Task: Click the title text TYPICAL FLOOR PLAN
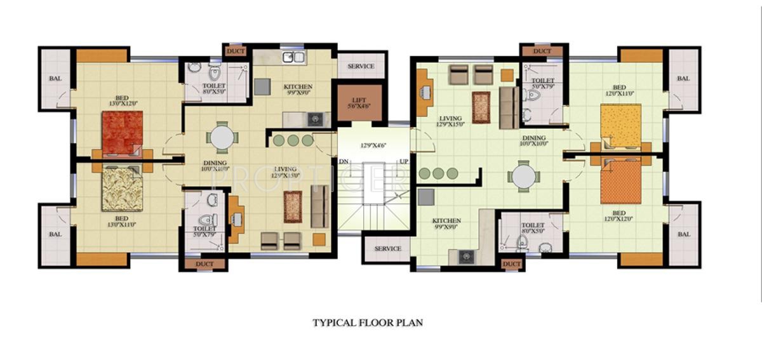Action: (x=367, y=323)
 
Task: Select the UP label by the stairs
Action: (x=403, y=161)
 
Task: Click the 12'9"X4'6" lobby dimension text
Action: (x=374, y=145)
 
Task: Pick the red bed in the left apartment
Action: (x=122, y=132)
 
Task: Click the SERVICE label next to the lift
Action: (x=361, y=66)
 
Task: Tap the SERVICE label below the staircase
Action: (x=387, y=248)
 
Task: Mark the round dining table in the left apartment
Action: (x=222, y=137)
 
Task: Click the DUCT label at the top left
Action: (x=236, y=51)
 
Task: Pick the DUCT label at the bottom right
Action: (x=511, y=263)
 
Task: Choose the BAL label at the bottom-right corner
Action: (x=683, y=234)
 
